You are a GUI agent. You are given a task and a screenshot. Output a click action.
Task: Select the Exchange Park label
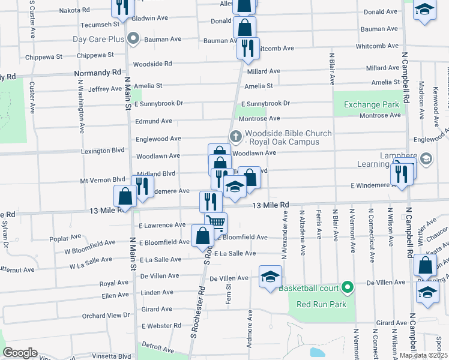372,104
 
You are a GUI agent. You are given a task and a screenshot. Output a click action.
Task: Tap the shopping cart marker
216,223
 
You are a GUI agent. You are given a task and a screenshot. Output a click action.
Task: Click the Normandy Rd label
97,73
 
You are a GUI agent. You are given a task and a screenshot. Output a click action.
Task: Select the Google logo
20,353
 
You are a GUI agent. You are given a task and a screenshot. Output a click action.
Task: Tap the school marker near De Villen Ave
270,277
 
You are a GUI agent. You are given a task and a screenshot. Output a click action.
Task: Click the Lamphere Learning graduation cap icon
426,158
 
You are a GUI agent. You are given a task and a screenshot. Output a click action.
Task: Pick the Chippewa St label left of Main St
44,58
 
